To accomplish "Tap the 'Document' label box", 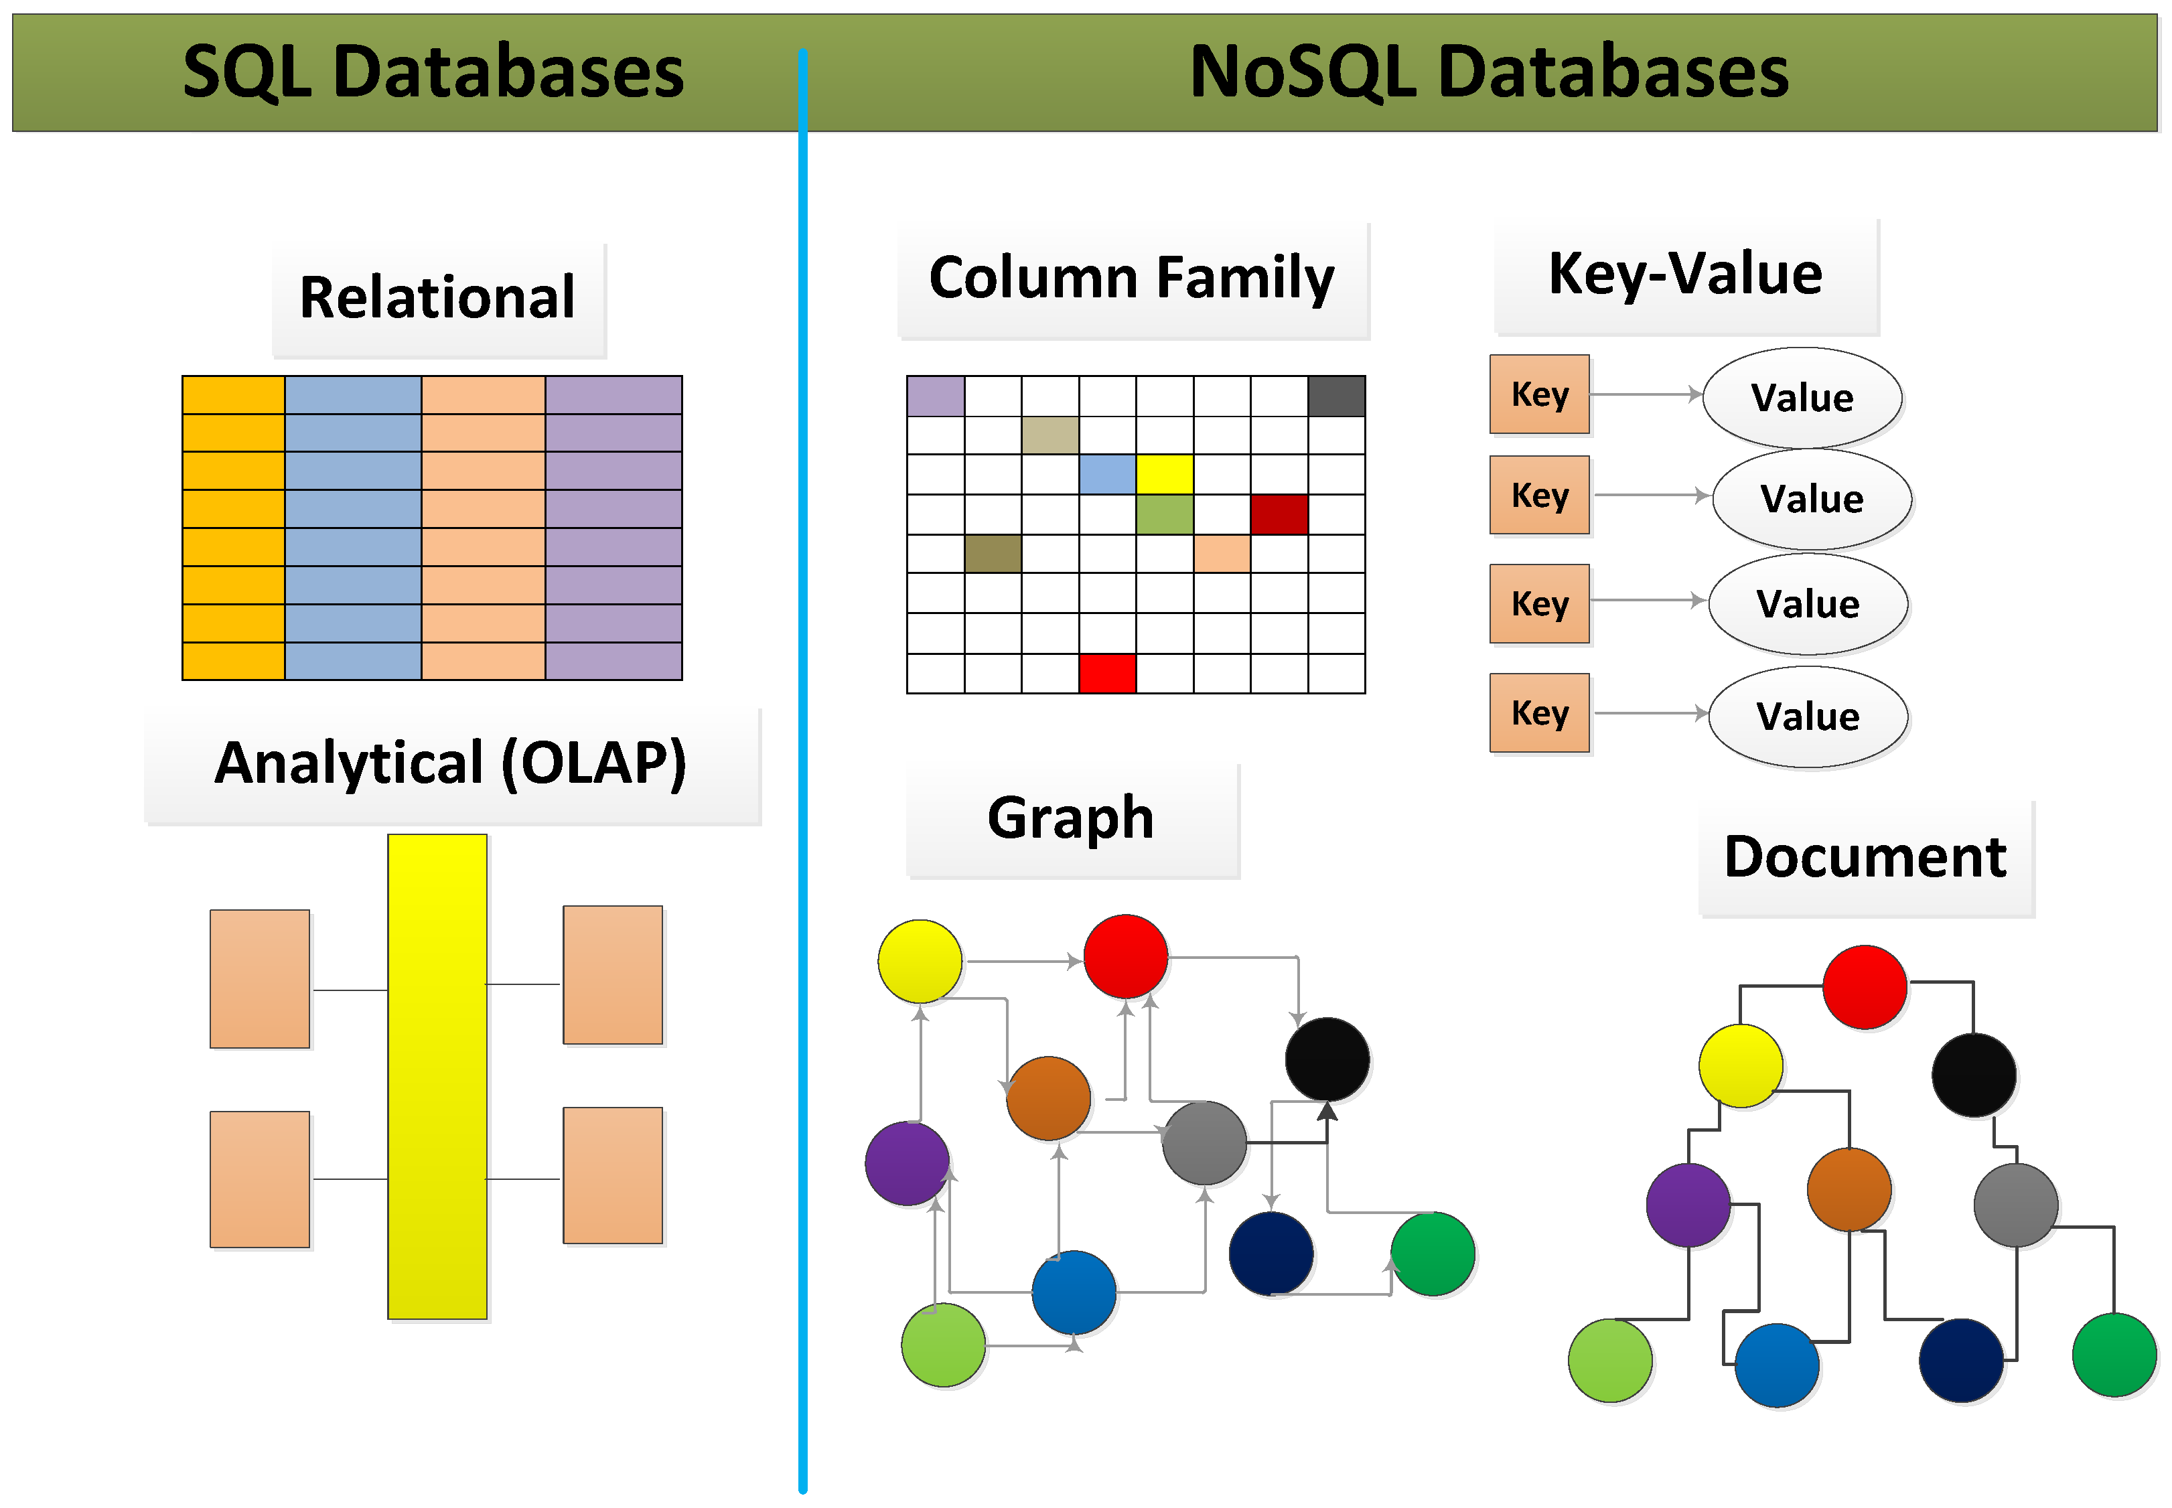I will pos(1865,857).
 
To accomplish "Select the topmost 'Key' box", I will pos(1539,394).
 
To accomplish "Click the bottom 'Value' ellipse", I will pos(1808,717).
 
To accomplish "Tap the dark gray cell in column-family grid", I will pos(1336,396).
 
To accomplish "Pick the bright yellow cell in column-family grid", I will pos(1164,474).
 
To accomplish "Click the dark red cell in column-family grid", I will pos(1279,514).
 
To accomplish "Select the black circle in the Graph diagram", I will pos(1327,1058).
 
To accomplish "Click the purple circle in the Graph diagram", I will pos(907,1163).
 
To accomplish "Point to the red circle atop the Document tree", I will pos(1864,986).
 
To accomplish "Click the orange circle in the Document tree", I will pos(1848,1189).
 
